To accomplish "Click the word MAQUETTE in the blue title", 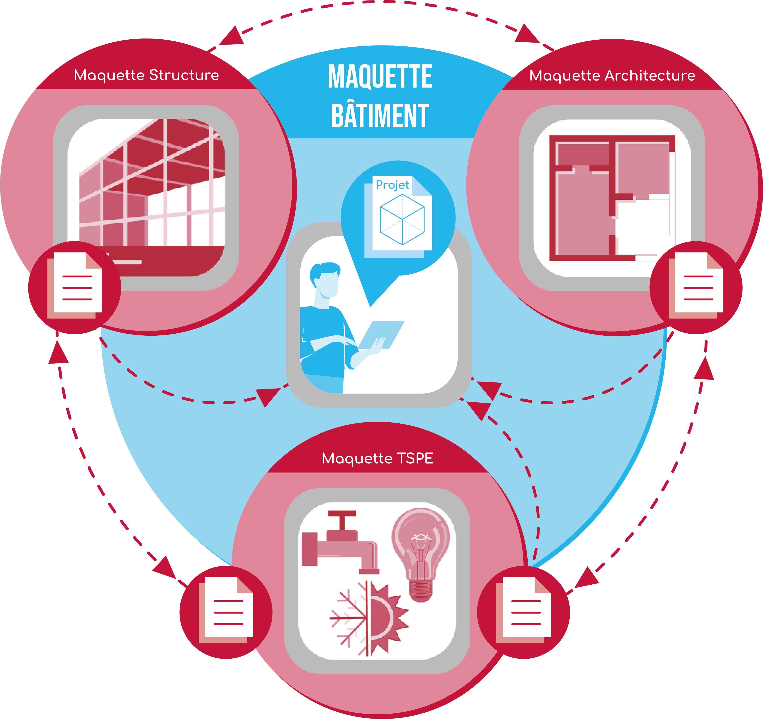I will tap(380, 77).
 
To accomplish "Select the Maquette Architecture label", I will tap(612, 76).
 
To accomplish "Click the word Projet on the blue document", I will tap(392, 185).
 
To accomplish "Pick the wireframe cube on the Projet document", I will tap(402, 219).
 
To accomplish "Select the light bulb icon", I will tap(421, 553).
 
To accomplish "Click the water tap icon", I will tap(340, 542).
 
